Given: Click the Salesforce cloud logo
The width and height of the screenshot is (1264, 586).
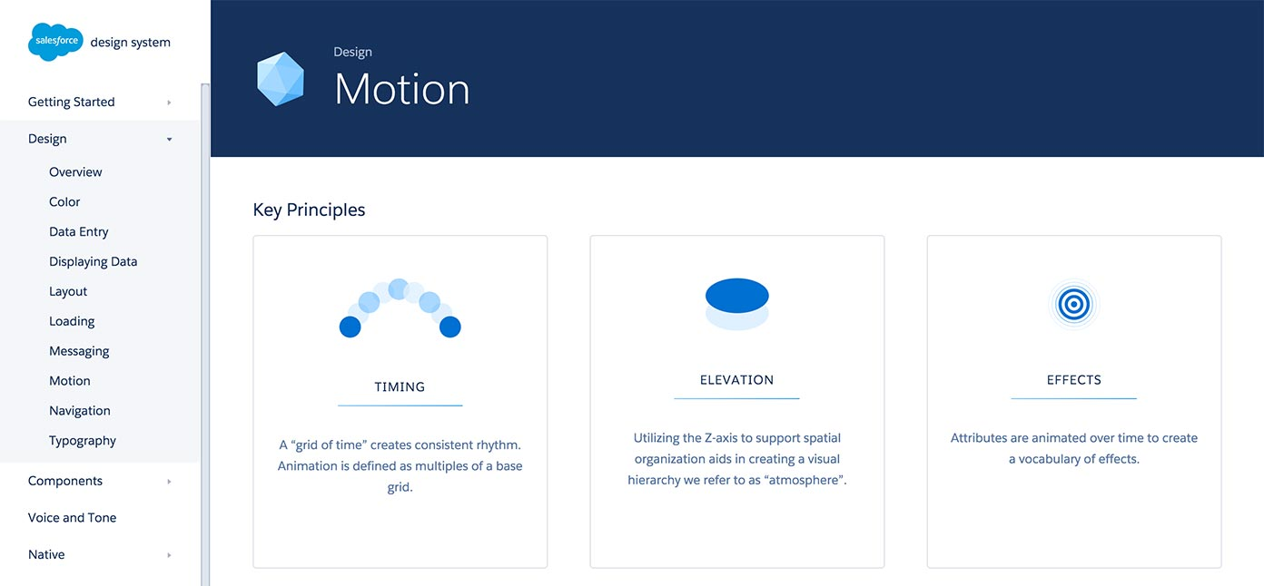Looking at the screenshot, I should coord(55,42).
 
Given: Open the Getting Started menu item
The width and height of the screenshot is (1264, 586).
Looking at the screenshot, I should coord(71,102).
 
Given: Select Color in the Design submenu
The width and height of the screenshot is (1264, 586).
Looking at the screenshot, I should coord(64,201).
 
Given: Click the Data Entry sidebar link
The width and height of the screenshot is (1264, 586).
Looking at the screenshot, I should coord(78,231).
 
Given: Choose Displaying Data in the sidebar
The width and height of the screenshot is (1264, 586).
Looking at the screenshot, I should coord(93,261).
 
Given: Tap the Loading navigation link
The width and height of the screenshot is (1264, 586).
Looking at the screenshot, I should coord(72,321).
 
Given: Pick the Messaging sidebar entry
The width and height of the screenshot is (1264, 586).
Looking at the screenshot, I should coord(79,351).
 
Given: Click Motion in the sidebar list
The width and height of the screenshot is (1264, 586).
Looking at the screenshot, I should coord(69,381).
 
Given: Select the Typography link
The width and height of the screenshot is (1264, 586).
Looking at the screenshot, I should coord(83,441).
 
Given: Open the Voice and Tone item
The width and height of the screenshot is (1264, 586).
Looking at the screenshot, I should coord(72,518).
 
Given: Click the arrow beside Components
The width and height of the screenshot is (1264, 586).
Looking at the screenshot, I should coord(169,482).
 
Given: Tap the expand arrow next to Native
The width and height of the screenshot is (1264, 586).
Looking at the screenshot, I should coord(169,555).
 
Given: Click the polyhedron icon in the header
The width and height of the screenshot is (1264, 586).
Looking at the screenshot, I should coord(280,79).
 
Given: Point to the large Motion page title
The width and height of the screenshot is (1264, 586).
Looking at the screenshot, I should coord(401,89).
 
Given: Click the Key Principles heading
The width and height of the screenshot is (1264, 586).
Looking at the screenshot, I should coord(309,210).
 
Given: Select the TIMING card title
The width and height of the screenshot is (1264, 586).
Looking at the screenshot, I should coord(400,386).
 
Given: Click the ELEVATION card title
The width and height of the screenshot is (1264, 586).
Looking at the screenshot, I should coord(736,380).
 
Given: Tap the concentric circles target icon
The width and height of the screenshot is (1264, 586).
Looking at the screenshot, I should coord(1073,305).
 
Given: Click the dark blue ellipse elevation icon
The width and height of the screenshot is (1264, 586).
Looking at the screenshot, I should coord(736,296).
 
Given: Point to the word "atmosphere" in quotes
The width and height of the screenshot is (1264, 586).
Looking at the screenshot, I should coord(804,480).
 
